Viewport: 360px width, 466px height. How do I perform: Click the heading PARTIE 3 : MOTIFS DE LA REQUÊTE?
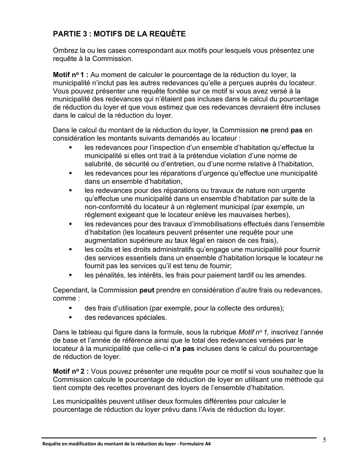(119, 34)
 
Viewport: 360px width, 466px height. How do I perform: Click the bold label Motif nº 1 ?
(70, 75)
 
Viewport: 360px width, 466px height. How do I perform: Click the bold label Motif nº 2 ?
(70, 371)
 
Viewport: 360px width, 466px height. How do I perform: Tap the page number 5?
(324, 440)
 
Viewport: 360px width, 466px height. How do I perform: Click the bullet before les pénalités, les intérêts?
(70, 275)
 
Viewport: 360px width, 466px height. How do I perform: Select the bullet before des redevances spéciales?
(70, 317)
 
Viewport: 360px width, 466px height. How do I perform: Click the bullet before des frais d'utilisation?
(70, 308)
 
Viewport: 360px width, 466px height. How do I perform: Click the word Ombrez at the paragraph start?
(64, 50)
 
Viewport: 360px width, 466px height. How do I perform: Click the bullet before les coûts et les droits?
(70, 250)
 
